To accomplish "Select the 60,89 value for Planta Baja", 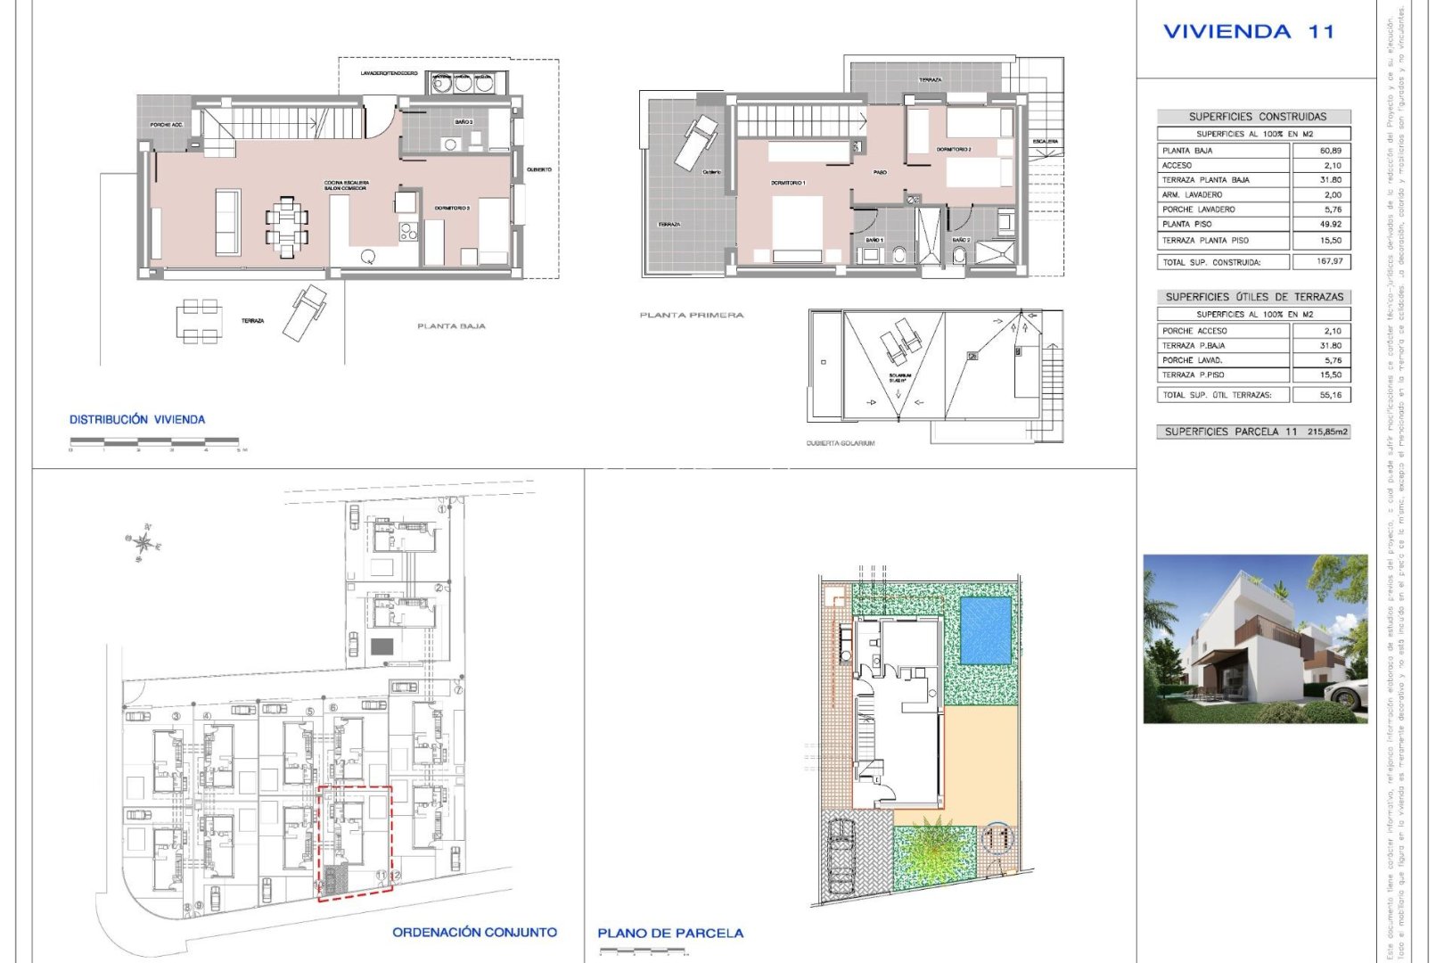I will point(1330,151).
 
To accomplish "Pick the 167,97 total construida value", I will point(1329,261).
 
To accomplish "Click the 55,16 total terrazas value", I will point(1331,394).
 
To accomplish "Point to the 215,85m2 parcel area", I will point(1327,432).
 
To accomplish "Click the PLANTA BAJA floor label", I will point(451,326).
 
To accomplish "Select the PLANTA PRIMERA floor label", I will point(691,315).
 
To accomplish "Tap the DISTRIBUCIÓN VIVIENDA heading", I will point(137,419).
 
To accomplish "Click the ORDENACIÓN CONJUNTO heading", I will point(474,932).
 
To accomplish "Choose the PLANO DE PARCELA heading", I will point(669,933).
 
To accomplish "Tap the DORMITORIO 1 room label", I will point(788,183).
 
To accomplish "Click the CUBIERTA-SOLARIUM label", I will point(840,443).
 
